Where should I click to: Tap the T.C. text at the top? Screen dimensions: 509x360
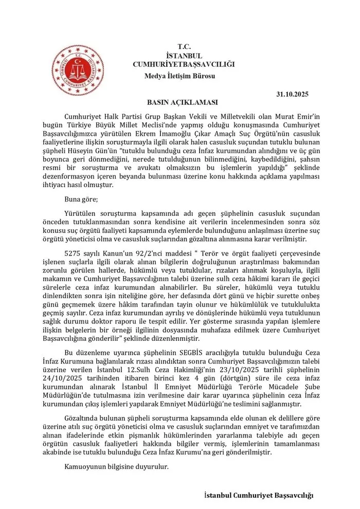tap(184, 47)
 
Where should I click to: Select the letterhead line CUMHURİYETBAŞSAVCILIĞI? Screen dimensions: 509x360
tap(184, 64)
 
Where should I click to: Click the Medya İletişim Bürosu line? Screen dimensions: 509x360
tap(180, 76)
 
